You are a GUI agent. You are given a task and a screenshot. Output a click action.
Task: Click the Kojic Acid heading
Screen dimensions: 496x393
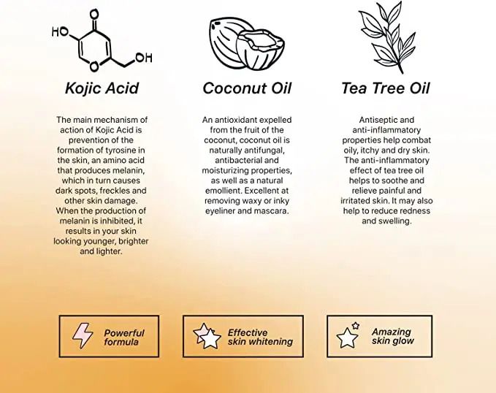pos(102,88)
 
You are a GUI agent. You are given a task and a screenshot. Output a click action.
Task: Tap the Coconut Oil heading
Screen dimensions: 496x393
pos(247,88)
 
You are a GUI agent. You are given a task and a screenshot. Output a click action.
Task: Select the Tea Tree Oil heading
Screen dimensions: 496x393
pos(386,88)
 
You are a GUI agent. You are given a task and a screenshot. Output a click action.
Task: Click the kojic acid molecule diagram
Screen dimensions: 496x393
pos(102,40)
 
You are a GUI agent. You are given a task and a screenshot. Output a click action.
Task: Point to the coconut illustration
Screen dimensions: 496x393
pos(247,44)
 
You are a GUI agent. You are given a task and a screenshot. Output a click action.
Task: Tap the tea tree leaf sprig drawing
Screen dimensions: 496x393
pos(387,37)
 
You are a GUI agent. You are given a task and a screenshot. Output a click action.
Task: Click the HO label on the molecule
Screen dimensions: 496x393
pos(60,31)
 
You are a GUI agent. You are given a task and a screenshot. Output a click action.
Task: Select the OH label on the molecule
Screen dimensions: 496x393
pos(144,58)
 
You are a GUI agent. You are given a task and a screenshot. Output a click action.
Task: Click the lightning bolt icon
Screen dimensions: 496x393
pos(83,336)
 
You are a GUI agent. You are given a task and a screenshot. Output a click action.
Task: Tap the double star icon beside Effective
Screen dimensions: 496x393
pos(207,336)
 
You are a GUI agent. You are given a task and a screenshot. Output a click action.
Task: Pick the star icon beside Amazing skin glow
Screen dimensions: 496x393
pos(348,335)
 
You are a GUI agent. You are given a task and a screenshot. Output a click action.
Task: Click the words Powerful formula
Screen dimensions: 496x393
pos(124,337)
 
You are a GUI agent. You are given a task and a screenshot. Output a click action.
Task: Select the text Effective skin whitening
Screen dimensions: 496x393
pos(260,337)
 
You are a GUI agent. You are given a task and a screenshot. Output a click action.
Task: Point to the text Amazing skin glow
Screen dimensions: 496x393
pos(392,336)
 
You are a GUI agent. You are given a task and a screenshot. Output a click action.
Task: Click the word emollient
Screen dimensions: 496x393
pos(223,191)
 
